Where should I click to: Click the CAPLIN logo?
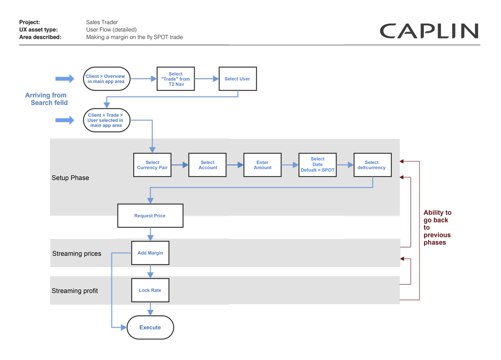(429, 31)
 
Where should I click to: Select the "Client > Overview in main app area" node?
(106, 79)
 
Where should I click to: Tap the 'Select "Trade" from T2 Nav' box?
(175, 79)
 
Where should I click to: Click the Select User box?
(237, 79)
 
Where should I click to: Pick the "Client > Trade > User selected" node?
(106, 120)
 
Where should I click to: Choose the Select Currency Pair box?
(152, 165)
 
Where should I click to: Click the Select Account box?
(207, 165)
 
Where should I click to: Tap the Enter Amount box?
(263, 165)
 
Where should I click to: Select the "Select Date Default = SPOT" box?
(317, 165)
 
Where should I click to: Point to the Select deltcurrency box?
(372, 165)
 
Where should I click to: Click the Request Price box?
(150, 216)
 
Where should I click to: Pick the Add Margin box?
(150, 253)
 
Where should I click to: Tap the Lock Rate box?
(150, 290)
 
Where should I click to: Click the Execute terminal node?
(150, 327)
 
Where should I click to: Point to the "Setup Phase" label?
(70, 178)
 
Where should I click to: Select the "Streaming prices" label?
(76, 254)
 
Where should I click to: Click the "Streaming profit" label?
(75, 291)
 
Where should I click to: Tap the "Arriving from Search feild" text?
(46, 99)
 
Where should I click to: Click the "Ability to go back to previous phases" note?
(437, 227)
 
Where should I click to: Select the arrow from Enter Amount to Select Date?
(290, 165)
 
